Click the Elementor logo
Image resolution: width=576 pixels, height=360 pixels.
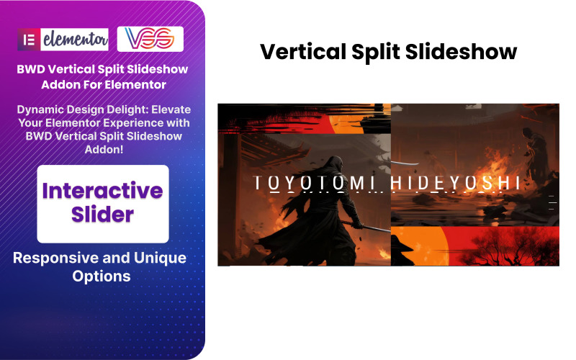[64, 39]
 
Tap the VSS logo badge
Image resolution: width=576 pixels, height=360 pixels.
[150, 39]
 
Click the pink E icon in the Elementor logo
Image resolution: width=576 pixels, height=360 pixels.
[30, 39]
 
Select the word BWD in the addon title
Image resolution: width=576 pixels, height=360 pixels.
[34, 70]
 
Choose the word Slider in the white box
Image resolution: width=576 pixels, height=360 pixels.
[103, 214]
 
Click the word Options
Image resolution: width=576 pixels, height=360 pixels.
[102, 276]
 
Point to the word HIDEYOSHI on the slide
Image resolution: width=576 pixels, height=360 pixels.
[455, 184]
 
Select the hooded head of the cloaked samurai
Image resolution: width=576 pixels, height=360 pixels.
[330, 146]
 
